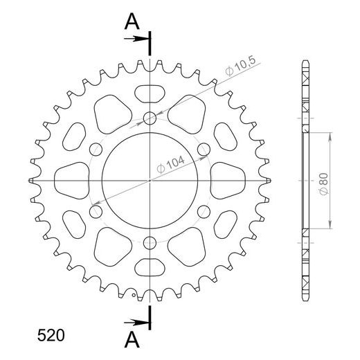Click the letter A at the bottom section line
(x=129, y=339)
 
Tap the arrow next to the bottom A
(x=137, y=321)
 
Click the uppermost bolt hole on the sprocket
(x=150, y=118)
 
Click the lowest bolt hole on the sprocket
(x=150, y=242)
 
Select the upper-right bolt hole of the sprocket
(x=204, y=149)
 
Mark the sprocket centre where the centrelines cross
(x=150, y=180)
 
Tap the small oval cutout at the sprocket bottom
(x=150, y=268)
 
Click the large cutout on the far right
(x=229, y=180)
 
